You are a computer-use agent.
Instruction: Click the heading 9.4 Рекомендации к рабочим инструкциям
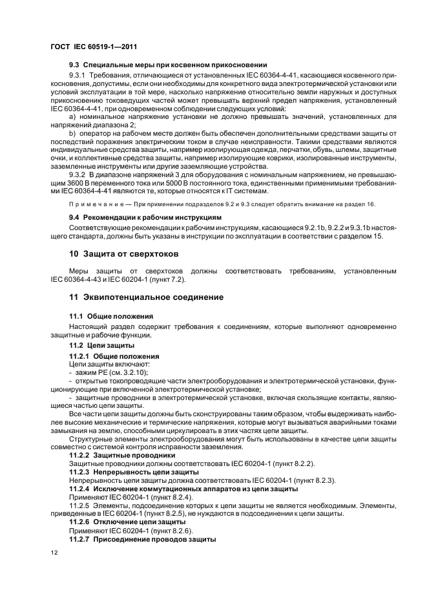tap(145, 217)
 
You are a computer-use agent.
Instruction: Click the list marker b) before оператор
tap(72, 133)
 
